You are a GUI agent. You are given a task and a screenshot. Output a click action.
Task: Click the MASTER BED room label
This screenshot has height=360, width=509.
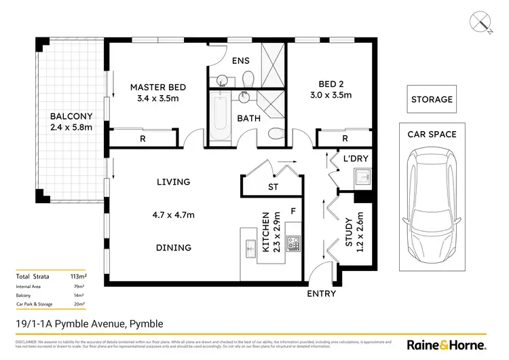coord(158,88)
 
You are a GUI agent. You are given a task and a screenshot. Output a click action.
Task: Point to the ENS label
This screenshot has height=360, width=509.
coord(241,60)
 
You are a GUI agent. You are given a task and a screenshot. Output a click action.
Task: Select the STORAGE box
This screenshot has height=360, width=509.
coord(432,99)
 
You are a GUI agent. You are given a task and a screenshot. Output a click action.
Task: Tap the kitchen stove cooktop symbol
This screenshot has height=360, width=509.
coord(293,242)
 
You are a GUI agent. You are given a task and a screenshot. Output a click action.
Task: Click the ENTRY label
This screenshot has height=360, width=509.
coord(321,293)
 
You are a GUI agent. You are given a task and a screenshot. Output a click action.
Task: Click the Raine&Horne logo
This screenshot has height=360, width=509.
coord(445,344)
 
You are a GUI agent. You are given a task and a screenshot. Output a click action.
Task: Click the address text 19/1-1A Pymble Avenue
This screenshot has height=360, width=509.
coord(88,323)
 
